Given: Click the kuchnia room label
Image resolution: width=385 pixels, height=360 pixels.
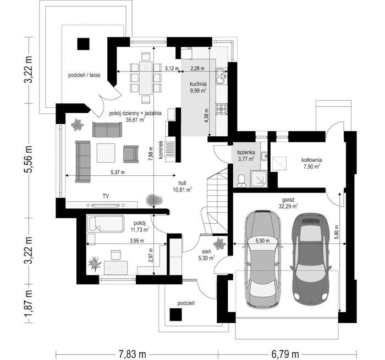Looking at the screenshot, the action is tap(198, 84).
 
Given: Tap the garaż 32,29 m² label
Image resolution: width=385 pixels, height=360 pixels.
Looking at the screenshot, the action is tap(288, 203).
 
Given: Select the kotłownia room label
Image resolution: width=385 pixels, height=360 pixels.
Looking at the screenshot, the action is tap(312, 160).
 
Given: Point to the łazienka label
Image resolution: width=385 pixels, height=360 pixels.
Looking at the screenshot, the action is tap(246, 152).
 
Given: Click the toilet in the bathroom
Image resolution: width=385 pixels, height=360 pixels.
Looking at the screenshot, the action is tap(241, 181).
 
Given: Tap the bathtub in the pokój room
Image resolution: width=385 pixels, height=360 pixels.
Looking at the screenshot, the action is tap(106, 224).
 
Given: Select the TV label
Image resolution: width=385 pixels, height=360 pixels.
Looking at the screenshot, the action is tap(106, 196).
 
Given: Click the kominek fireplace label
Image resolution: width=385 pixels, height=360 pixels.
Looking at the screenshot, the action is tap(161, 149).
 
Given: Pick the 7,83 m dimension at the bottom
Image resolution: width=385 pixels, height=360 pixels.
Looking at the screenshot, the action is tap(133, 354).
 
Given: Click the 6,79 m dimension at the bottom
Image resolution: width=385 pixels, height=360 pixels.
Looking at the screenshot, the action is tap(285, 354).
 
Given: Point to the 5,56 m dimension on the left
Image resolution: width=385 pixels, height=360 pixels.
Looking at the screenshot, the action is tap(29, 159).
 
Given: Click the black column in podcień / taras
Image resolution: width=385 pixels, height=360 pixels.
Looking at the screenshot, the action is tap(84, 44).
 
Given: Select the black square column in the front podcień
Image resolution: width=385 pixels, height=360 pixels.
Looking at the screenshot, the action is tap(176, 315).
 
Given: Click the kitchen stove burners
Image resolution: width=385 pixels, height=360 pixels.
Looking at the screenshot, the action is tap(222, 109).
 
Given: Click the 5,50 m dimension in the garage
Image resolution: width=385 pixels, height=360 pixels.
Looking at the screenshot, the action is tap(262, 241).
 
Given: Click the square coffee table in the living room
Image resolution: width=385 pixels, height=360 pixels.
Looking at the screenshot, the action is tap(106, 153).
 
